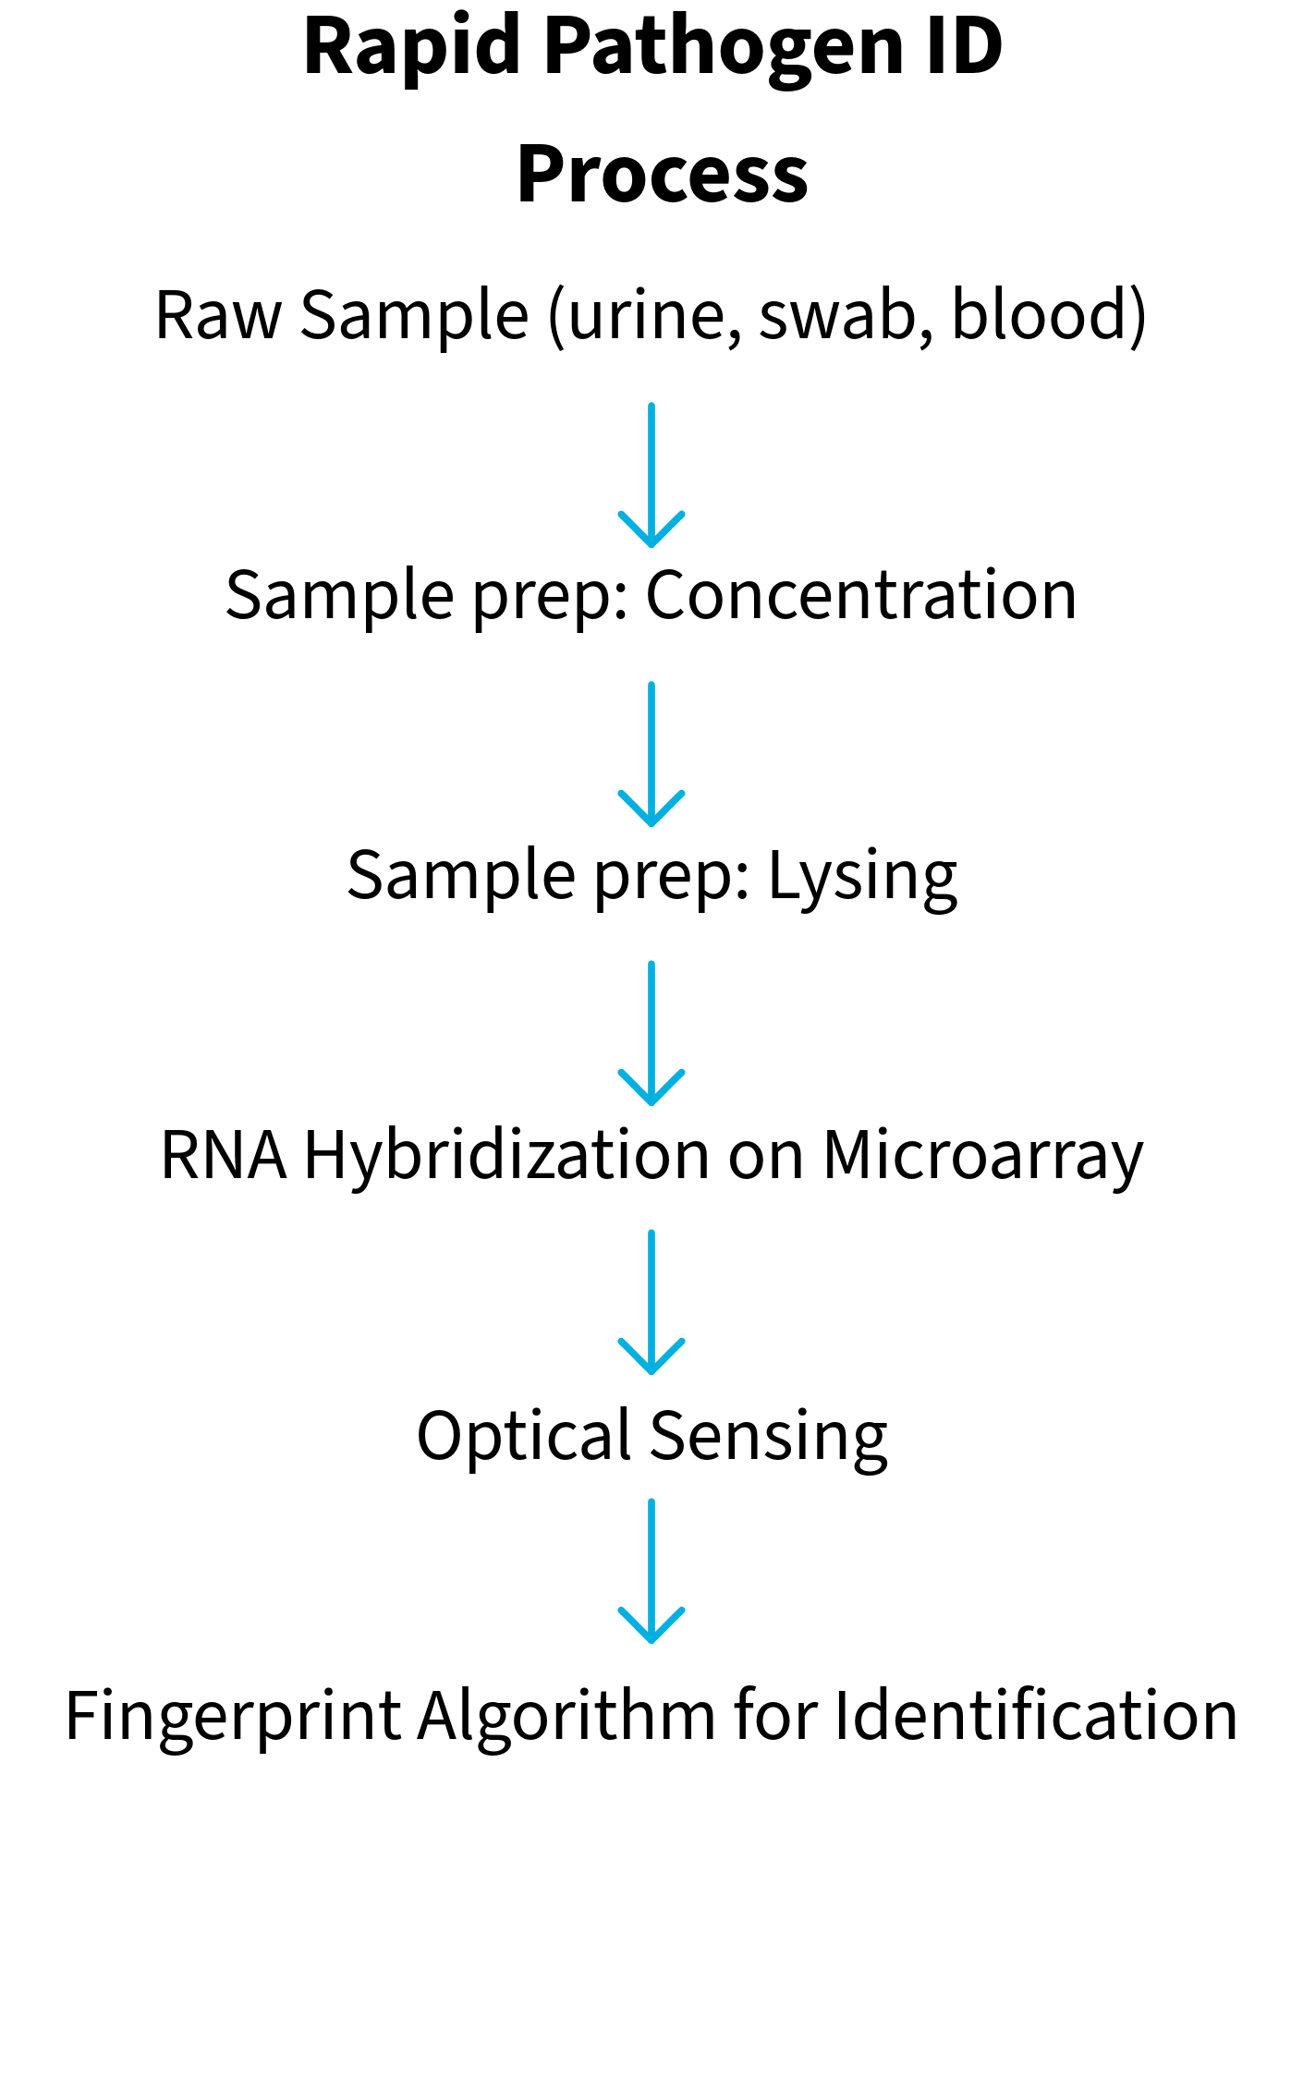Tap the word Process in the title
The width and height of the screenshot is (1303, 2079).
663,174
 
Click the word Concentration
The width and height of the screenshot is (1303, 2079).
861,595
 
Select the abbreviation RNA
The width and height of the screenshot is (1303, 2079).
224,1156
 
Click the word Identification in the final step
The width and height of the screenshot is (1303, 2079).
1036,1716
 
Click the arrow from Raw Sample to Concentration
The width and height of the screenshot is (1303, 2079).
651,475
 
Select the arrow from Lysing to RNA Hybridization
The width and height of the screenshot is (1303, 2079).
651,1033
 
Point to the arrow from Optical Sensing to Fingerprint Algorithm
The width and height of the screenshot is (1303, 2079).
651,1572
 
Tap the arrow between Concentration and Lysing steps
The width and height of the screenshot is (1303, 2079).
651,754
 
